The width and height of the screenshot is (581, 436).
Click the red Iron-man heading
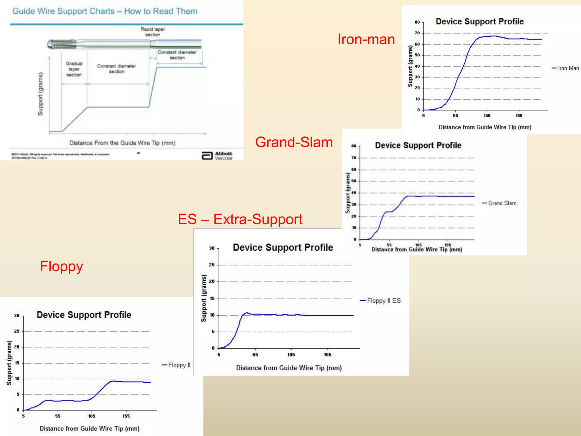(x=366, y=39)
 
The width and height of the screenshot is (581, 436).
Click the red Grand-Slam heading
(x=294, y=142)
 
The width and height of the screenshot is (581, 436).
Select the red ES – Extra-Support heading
(x=240, y=219)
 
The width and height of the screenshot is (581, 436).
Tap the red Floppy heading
(x=61, y=266)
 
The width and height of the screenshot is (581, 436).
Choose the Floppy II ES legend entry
(x=380, y=301)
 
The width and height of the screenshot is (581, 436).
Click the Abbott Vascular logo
(x=217, y=156)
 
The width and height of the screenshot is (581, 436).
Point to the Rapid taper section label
(x=153, y=32)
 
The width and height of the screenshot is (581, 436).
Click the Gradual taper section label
(x=74, y=69)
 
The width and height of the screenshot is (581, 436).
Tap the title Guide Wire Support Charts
(x=105, y=11)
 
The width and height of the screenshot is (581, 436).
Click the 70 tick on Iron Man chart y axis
(x=417, y=33)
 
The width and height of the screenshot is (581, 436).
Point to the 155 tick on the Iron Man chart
(x=519, y=116)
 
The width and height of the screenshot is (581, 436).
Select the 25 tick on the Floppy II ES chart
(x=212, y=265)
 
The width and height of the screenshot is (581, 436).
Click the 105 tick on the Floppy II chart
(x=92, y=416)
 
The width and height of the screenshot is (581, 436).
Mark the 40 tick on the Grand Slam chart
(x=354, y=193)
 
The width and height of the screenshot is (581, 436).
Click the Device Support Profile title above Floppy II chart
(x=84, y=315)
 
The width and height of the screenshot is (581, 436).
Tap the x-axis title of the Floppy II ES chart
(x=289, y=368)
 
